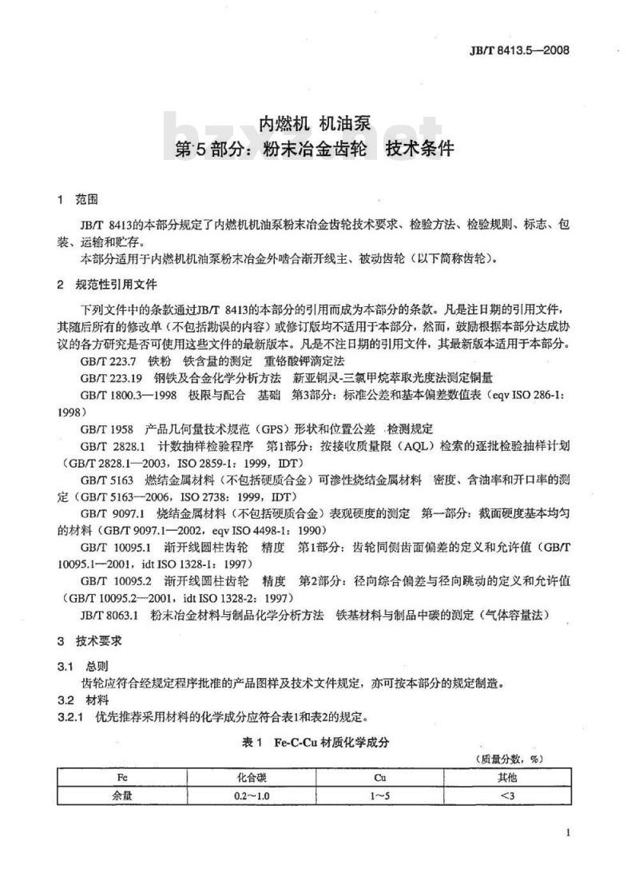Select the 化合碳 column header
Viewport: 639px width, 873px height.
click(x=252, y=775)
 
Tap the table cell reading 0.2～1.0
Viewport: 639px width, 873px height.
click(x=252, y=795)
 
